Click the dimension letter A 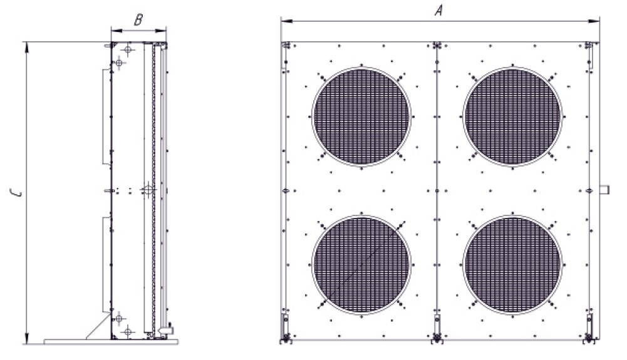[x=439, y=10]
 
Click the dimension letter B [x=138, y=19]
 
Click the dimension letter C [x=16, y=193]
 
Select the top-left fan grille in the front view [x=361, y=116]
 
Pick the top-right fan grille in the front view [x=512, y=116]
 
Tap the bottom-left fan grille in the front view [x=361, y=264]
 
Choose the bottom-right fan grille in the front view [x=512, y=264]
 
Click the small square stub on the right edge [x=604, y=189]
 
